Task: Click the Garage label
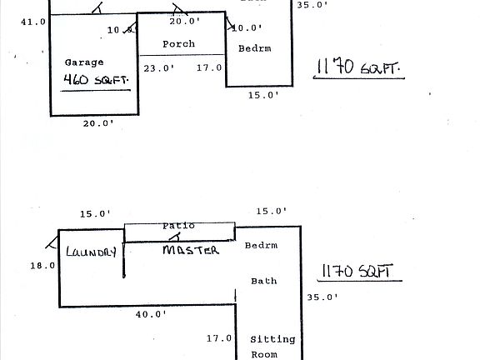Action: [84, 62]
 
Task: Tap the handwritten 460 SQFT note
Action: [97, 81]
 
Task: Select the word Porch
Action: [179, 44]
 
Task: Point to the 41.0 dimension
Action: [33, 22]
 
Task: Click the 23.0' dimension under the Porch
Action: [157, 68]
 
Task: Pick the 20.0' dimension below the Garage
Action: [98, 123]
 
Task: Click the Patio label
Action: [178, 225]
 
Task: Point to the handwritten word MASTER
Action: [190, 250]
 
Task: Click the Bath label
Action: [264, 281]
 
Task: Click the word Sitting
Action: [272, 339]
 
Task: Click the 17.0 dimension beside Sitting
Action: [218, 338]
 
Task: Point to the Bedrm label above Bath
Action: [260, 246]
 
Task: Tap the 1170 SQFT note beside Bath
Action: [356, 272]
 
